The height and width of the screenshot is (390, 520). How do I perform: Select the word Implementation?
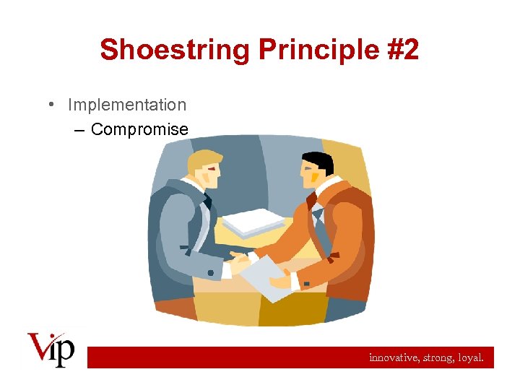click(x=127, y=105)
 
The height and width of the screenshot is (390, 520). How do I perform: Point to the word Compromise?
click(x=140, y=130)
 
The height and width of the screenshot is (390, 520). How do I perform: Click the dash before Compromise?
click(x=79, y=131)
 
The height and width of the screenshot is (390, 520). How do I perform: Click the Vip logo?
click(x=51, y=349)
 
